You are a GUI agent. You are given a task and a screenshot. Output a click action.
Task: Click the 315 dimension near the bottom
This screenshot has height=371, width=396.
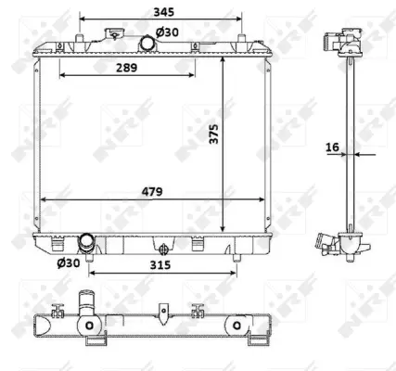click(163, 264)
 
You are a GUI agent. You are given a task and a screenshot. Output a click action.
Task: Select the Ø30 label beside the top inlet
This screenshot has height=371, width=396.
click(167, 32)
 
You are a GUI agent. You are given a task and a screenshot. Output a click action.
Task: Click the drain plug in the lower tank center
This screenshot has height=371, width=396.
click(164, 248)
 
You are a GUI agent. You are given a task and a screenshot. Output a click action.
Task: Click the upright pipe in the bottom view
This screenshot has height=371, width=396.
click(89, 305)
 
